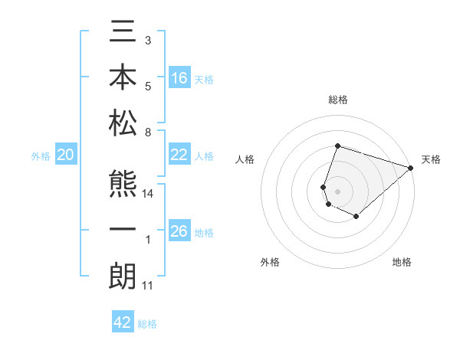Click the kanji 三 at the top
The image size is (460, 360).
tap(123, 35)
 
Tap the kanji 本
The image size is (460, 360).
tap(123, 79)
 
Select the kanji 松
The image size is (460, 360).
tap(123, 123)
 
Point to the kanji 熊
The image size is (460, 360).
tap(123, 186)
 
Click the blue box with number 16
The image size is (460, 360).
tap(179, 77)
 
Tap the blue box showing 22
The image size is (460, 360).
tap(179, 155)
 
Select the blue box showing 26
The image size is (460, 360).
tap(179, 231)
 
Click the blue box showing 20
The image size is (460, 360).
tap(65, 155)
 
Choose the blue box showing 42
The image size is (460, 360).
tap(123, 322)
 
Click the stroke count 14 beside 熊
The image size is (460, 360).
tap(149, 195)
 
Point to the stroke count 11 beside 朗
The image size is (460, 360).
tap(147, 286)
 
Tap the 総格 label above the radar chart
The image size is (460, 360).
tap(337, 100)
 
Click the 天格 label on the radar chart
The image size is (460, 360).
tap(431, 159)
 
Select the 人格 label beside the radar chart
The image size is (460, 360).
tap(245, 159)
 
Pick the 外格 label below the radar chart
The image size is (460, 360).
tap(270, 262)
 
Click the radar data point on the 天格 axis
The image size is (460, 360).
tap(411, 168)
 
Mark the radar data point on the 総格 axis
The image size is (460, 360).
tap(337, 146)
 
